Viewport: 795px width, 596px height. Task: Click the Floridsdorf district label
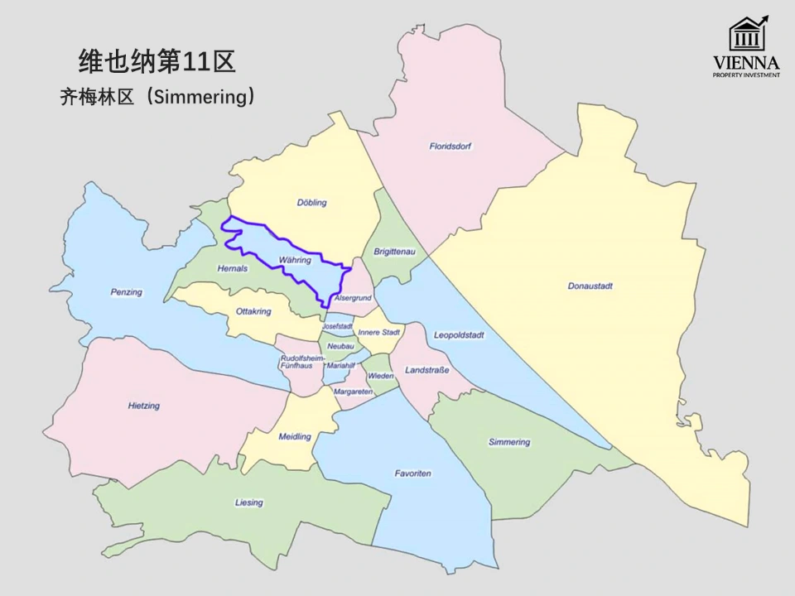[450, 147]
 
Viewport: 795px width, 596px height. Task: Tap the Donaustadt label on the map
[590, 286]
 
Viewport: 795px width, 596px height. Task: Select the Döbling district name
[312, 203]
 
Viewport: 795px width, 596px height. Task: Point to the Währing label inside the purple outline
[295, 260]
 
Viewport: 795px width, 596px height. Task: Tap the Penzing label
[126, 292]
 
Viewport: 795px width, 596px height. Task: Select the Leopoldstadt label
[459, 335]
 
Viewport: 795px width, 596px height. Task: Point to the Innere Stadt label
[379, 332]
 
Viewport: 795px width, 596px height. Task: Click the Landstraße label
[427, 370]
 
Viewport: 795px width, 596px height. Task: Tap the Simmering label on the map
[509, 442]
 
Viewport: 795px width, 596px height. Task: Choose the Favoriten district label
[412, 473]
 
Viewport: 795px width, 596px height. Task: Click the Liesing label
[248, 502]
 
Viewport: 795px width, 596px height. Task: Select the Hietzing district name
[144, 406]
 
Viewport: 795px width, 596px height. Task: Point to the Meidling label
[295, 436]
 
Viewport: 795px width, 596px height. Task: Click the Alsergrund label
[354, 297]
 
